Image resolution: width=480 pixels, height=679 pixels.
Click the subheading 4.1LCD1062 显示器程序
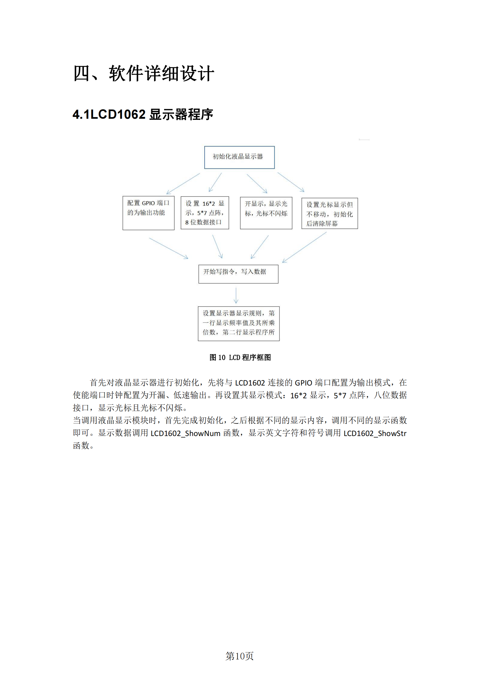pyautogui.click(x=143, y=114)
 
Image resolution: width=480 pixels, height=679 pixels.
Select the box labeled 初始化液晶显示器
pyautogui.click(x=239, y=157)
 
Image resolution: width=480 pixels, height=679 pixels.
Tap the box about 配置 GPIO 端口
pyautogui.click(x=148, y=213)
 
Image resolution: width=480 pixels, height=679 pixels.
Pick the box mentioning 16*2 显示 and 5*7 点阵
pyautogui.click(x=205, y=213)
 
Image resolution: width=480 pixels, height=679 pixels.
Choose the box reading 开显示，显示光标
pyautogui.click(x=266, y=213)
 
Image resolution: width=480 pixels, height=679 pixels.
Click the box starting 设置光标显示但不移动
pyautogui.click(x=329, y=214)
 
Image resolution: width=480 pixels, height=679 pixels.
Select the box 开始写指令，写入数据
pyautogui.click(x=238, y=274)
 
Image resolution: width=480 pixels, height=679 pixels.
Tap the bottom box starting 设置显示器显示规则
pyautogui.click(x=239, y=323)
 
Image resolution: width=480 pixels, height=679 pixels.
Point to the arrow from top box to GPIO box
pyautogui.click(x=183, y=184)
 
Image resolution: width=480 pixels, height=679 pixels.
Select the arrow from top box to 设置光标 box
pyautogui.click(x=290, y=182)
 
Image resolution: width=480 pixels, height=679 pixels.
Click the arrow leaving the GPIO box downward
pyautogui.click(x=168, y=248)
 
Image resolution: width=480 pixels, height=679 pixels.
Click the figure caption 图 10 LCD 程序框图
pyautogui.click(x=240, y=358)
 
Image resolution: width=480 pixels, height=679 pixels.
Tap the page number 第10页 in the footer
pyautogui.click(x=239, y=656)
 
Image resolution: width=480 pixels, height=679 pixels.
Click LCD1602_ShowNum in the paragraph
pyautogui.click(x=185, y=433)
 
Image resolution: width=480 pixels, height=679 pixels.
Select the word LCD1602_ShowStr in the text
pyautogui.click(x=375, y=433)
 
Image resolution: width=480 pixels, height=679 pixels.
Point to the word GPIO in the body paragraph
pyautogui.click(x=303, y=383)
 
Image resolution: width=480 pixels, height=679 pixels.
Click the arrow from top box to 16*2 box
pyautogui.click(x=215, y=183)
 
